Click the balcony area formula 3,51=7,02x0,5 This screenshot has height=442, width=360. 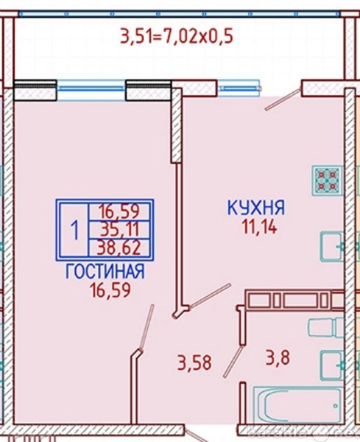177,36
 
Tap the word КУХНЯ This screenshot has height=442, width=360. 256,208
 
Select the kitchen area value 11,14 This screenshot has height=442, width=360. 259,227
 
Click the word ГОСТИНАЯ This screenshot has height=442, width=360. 105,271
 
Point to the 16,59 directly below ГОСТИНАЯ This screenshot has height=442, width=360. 110,290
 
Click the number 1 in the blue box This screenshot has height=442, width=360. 74,230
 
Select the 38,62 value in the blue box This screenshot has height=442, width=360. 119,248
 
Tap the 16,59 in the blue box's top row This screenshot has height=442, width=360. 119,211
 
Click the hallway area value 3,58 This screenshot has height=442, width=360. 194,362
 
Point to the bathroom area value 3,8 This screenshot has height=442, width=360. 278,358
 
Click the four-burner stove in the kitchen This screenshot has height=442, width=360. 327,180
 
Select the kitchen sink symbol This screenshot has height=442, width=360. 332,246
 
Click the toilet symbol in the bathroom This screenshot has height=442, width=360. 326,327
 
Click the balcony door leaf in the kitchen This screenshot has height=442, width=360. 283,99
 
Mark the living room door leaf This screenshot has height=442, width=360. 147,327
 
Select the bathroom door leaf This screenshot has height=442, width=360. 233,362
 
